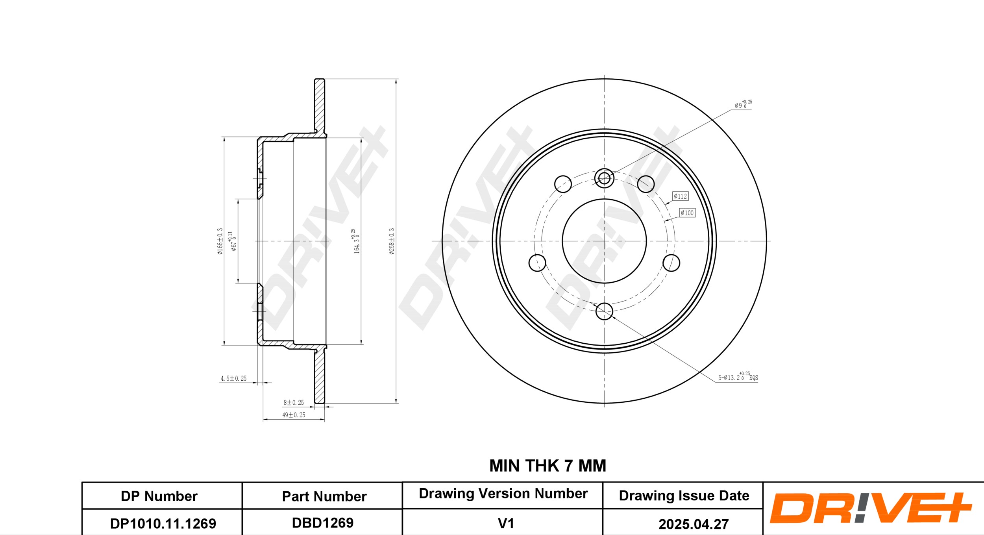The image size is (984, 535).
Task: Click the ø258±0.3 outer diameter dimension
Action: click(392, 241)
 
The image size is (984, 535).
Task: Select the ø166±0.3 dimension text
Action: click(220, 241)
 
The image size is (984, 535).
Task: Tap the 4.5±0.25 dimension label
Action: click(233, 378)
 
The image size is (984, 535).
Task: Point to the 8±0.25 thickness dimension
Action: click(294, 402)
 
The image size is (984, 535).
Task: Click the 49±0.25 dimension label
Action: click(294, 415)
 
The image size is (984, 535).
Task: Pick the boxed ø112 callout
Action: click(680, 196)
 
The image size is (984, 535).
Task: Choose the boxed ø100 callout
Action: click(687, 213)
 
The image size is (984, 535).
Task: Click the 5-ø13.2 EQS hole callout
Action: click(738, 377)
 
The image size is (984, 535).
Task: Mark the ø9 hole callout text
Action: click(743, 104)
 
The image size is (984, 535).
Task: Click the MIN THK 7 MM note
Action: click(547, 466)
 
